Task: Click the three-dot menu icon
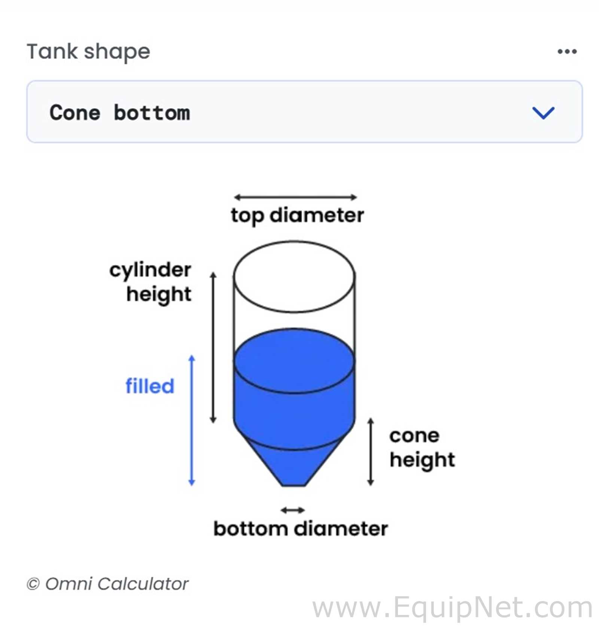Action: pyautogui.click(x=567, y=51)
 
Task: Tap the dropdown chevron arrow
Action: pyautogui.click(x=543, y=113)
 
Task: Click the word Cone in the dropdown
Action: pyautogui.click(x=75, y=113)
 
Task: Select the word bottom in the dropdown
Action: pyautogui.click(x=152, y=113)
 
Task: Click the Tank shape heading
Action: pyautogui.click(x=88, y=52)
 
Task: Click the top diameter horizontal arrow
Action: pyautogui.click(x=295, y=197)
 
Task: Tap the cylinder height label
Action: pyautogui.click(x=150, y=282)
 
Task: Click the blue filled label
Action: pyautogui.click(x=150, y=386)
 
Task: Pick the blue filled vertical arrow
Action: pyautogui.click(x=192, y=420)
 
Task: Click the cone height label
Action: pyautogui.click(x=422, y=448)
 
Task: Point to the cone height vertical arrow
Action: pyautogui.click(x=371, y=452)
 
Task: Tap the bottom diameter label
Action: pyautogui.click(x=301, y=529)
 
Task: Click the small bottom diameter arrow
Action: pyautogui.click(x=293, y=510)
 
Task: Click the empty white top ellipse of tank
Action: pyautogui.click(x=294, y=276)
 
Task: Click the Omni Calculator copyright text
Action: pyautogui.click(x=107, y=584)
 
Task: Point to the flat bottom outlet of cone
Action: pyautogui.click(x=294, y=485)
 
